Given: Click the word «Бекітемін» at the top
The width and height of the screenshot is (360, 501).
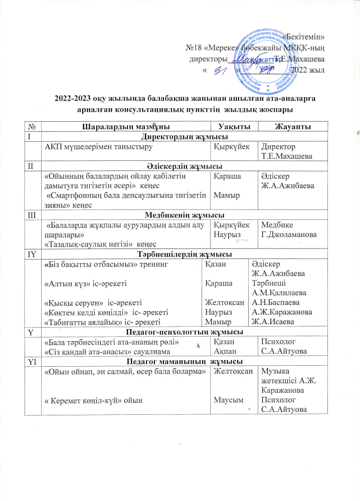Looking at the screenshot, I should click(304, 36).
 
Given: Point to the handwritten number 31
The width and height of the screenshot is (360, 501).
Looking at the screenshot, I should click(219, 73).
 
